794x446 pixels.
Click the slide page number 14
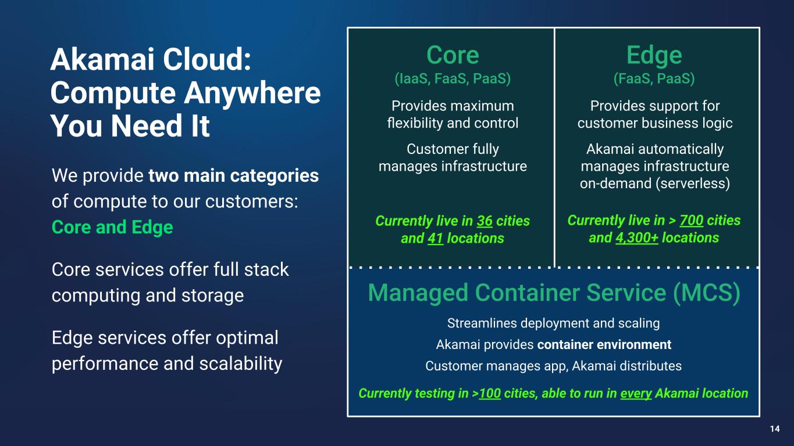(774, 429)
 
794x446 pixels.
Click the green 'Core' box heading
(453, 56)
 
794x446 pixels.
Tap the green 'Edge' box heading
(654, 56)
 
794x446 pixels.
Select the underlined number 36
(485, 221)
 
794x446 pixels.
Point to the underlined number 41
(435, 238)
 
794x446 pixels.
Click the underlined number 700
(691, 221)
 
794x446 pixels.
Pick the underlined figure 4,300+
(637, 238)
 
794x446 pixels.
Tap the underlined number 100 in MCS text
(490, 394)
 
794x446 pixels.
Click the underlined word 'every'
(635, 394)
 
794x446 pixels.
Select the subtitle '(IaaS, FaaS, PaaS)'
(453, 78)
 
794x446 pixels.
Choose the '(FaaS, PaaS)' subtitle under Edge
(654, 78)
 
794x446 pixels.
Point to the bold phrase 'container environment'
(604, 345)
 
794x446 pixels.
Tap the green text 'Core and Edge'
(112, 226)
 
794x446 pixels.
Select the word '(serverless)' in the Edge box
(695, 184)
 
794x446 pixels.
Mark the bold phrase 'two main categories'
(233, 175)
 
